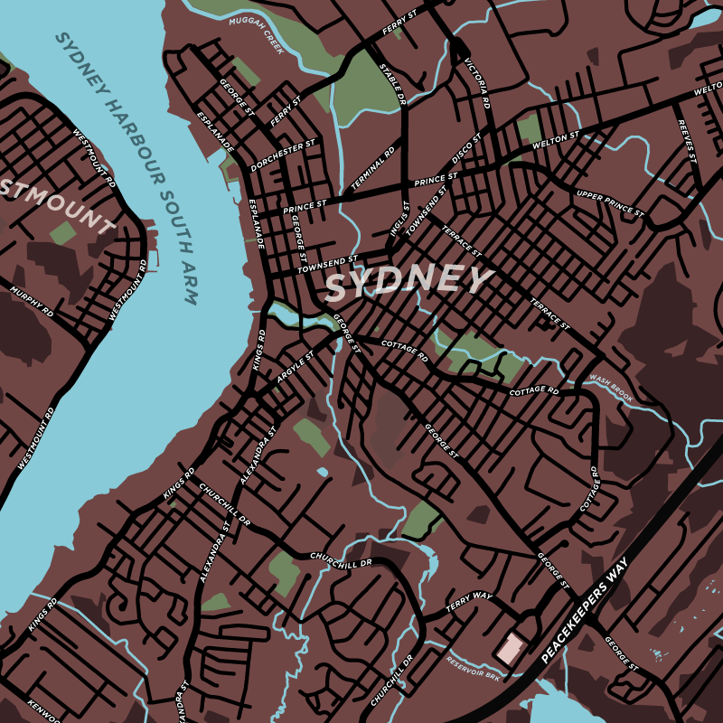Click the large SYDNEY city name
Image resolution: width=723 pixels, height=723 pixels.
(408, 282)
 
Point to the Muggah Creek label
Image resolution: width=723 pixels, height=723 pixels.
(257, 35)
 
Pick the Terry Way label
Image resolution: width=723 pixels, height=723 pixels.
(469, 599)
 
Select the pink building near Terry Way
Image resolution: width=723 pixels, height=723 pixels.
(510, 648)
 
